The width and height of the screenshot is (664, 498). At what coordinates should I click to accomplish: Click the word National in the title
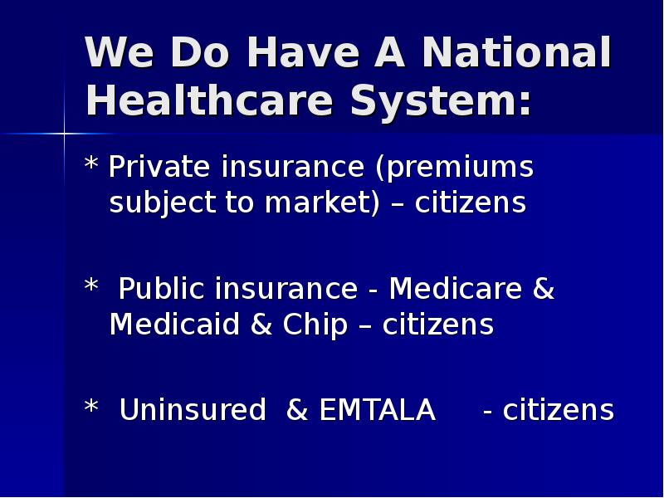(516, 54)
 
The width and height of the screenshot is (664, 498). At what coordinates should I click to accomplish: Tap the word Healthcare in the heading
(211, 101)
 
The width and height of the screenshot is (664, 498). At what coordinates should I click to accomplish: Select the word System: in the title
(440, 101)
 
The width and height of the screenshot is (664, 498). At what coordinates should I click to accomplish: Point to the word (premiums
(454, 168)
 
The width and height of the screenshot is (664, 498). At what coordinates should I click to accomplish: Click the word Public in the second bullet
(162, 289)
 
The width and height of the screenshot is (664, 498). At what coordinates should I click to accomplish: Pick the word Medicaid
(174, 325)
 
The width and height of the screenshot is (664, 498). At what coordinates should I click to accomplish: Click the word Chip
(315, 325)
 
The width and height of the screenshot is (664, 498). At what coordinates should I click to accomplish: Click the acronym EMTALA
(377, 410)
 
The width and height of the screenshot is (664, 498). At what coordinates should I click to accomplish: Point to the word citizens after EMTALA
(558, 410)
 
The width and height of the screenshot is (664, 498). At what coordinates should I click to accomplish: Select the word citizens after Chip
(438, 325)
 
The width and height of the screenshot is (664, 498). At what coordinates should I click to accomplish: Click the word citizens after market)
(471, 203)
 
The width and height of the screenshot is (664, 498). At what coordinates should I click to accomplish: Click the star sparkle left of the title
(64, 133)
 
